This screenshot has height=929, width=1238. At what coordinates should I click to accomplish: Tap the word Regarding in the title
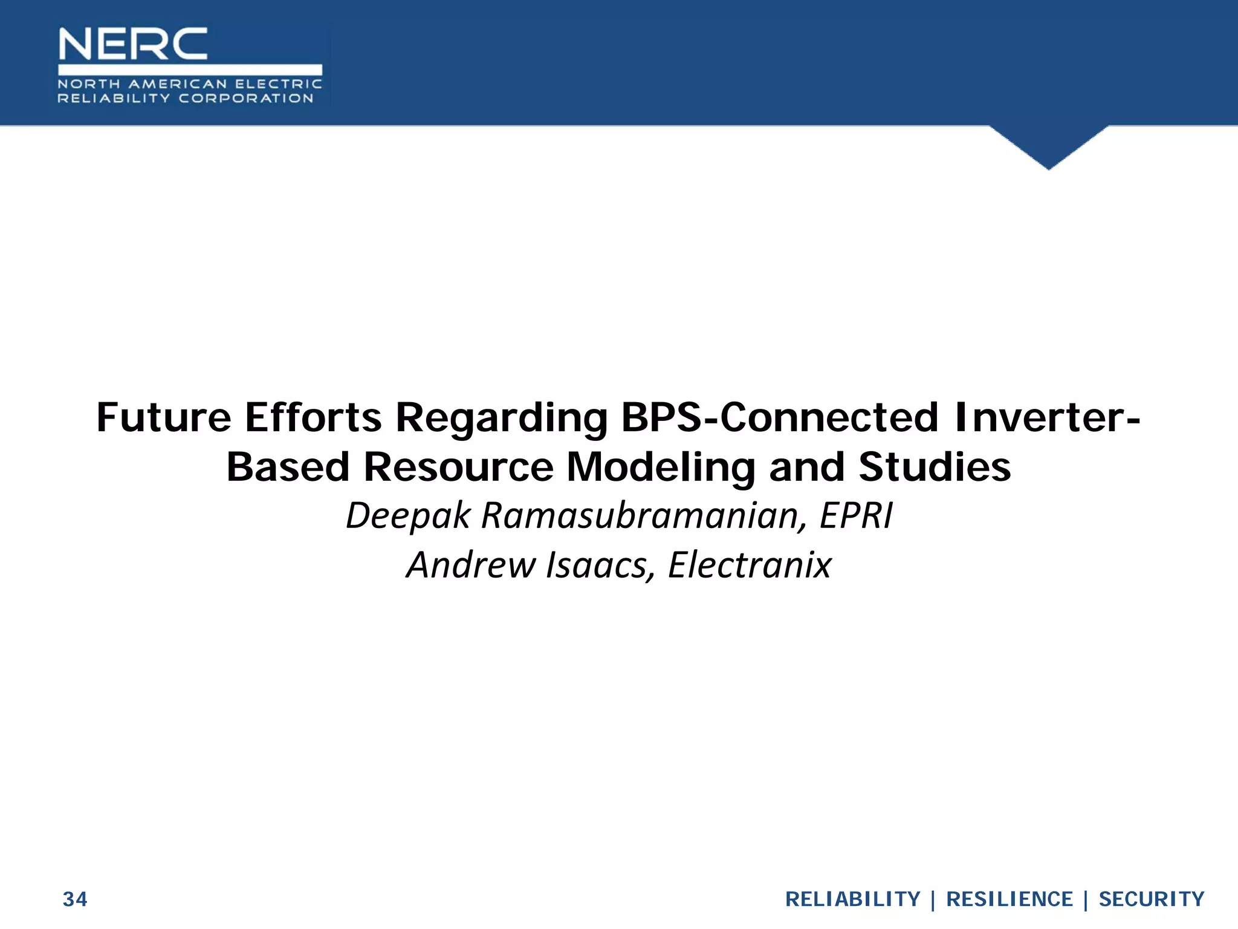[x=501, y=419]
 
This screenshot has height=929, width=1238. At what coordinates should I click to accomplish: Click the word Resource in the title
[x=458, y=467]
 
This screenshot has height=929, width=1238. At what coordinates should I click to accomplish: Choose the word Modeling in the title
[x=661, y=468]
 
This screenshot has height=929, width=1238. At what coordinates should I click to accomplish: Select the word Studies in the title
[x=935, y=467]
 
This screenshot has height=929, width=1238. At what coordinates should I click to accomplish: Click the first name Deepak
[x=407, y=516]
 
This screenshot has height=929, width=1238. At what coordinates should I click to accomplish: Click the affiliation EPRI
[x=856, y=515]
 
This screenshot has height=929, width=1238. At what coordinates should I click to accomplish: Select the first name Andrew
[x=470, y=565]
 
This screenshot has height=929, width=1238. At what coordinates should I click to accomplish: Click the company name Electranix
[x=750, y=565]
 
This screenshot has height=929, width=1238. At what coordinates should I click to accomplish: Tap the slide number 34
[x=75, y=899]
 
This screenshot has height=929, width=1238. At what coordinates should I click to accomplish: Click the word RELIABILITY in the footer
[x=852, y=899]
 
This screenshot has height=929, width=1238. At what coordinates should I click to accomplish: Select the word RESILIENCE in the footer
[x=1009, y=899]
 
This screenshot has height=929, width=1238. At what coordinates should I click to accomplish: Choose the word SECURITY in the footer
[x=1151, y=899]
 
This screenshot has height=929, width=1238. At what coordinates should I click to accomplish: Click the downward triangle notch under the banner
[x=1049, y=145]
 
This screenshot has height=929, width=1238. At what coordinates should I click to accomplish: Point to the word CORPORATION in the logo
[x=246, y=99]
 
